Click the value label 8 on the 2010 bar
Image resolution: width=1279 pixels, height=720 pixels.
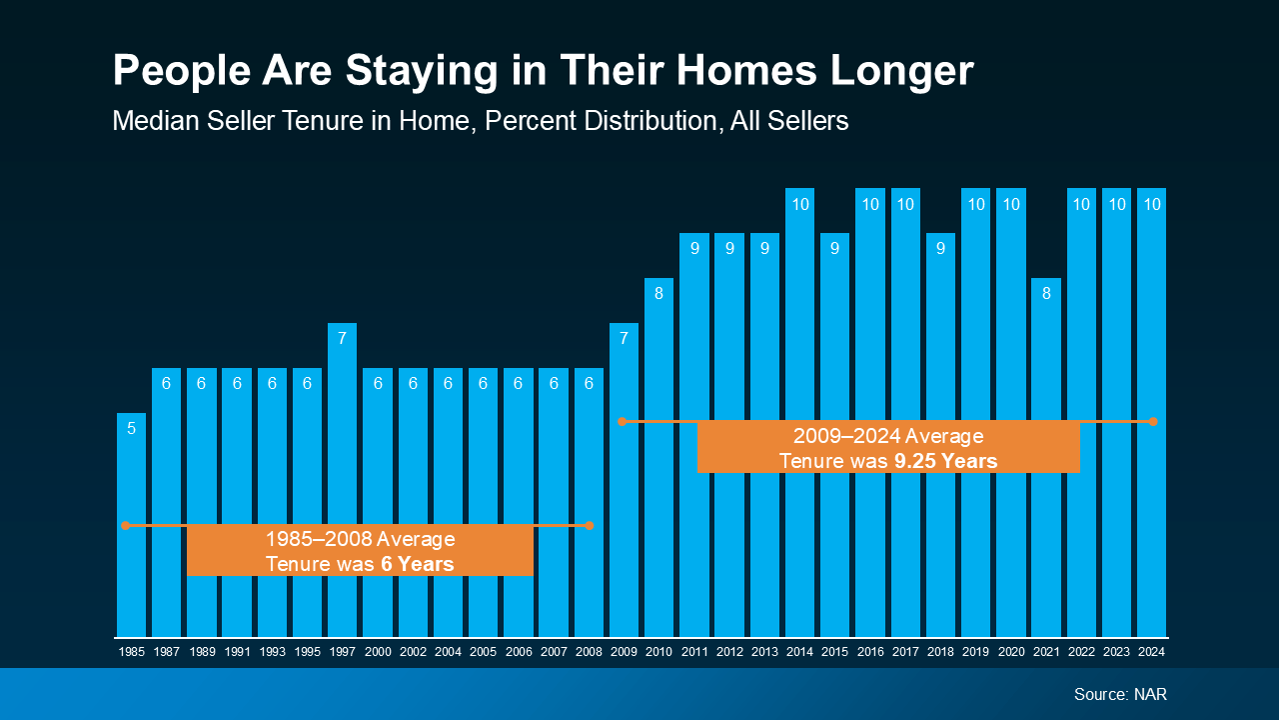(658, 294)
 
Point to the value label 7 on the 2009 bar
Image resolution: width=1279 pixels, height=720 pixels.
(624, 339)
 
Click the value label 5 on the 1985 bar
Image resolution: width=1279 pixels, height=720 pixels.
(131, 429)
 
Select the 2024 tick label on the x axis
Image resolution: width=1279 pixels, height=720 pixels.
(1151, 652)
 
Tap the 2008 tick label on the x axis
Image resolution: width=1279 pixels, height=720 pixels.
(589, 652)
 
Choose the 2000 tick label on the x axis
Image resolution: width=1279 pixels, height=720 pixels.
(378, 652)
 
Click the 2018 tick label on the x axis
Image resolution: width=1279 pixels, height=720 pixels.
(940, 652)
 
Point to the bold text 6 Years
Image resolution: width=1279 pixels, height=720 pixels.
(417, 565)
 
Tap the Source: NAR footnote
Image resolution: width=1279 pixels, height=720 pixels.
(1120, 694)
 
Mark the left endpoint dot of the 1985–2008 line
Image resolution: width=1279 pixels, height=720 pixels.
(126, 525)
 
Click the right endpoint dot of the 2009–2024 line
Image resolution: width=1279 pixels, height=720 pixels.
(1153, 422)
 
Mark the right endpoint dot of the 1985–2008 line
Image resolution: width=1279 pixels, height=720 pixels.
(590, 525)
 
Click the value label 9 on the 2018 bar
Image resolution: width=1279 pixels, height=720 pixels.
(940, 249)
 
